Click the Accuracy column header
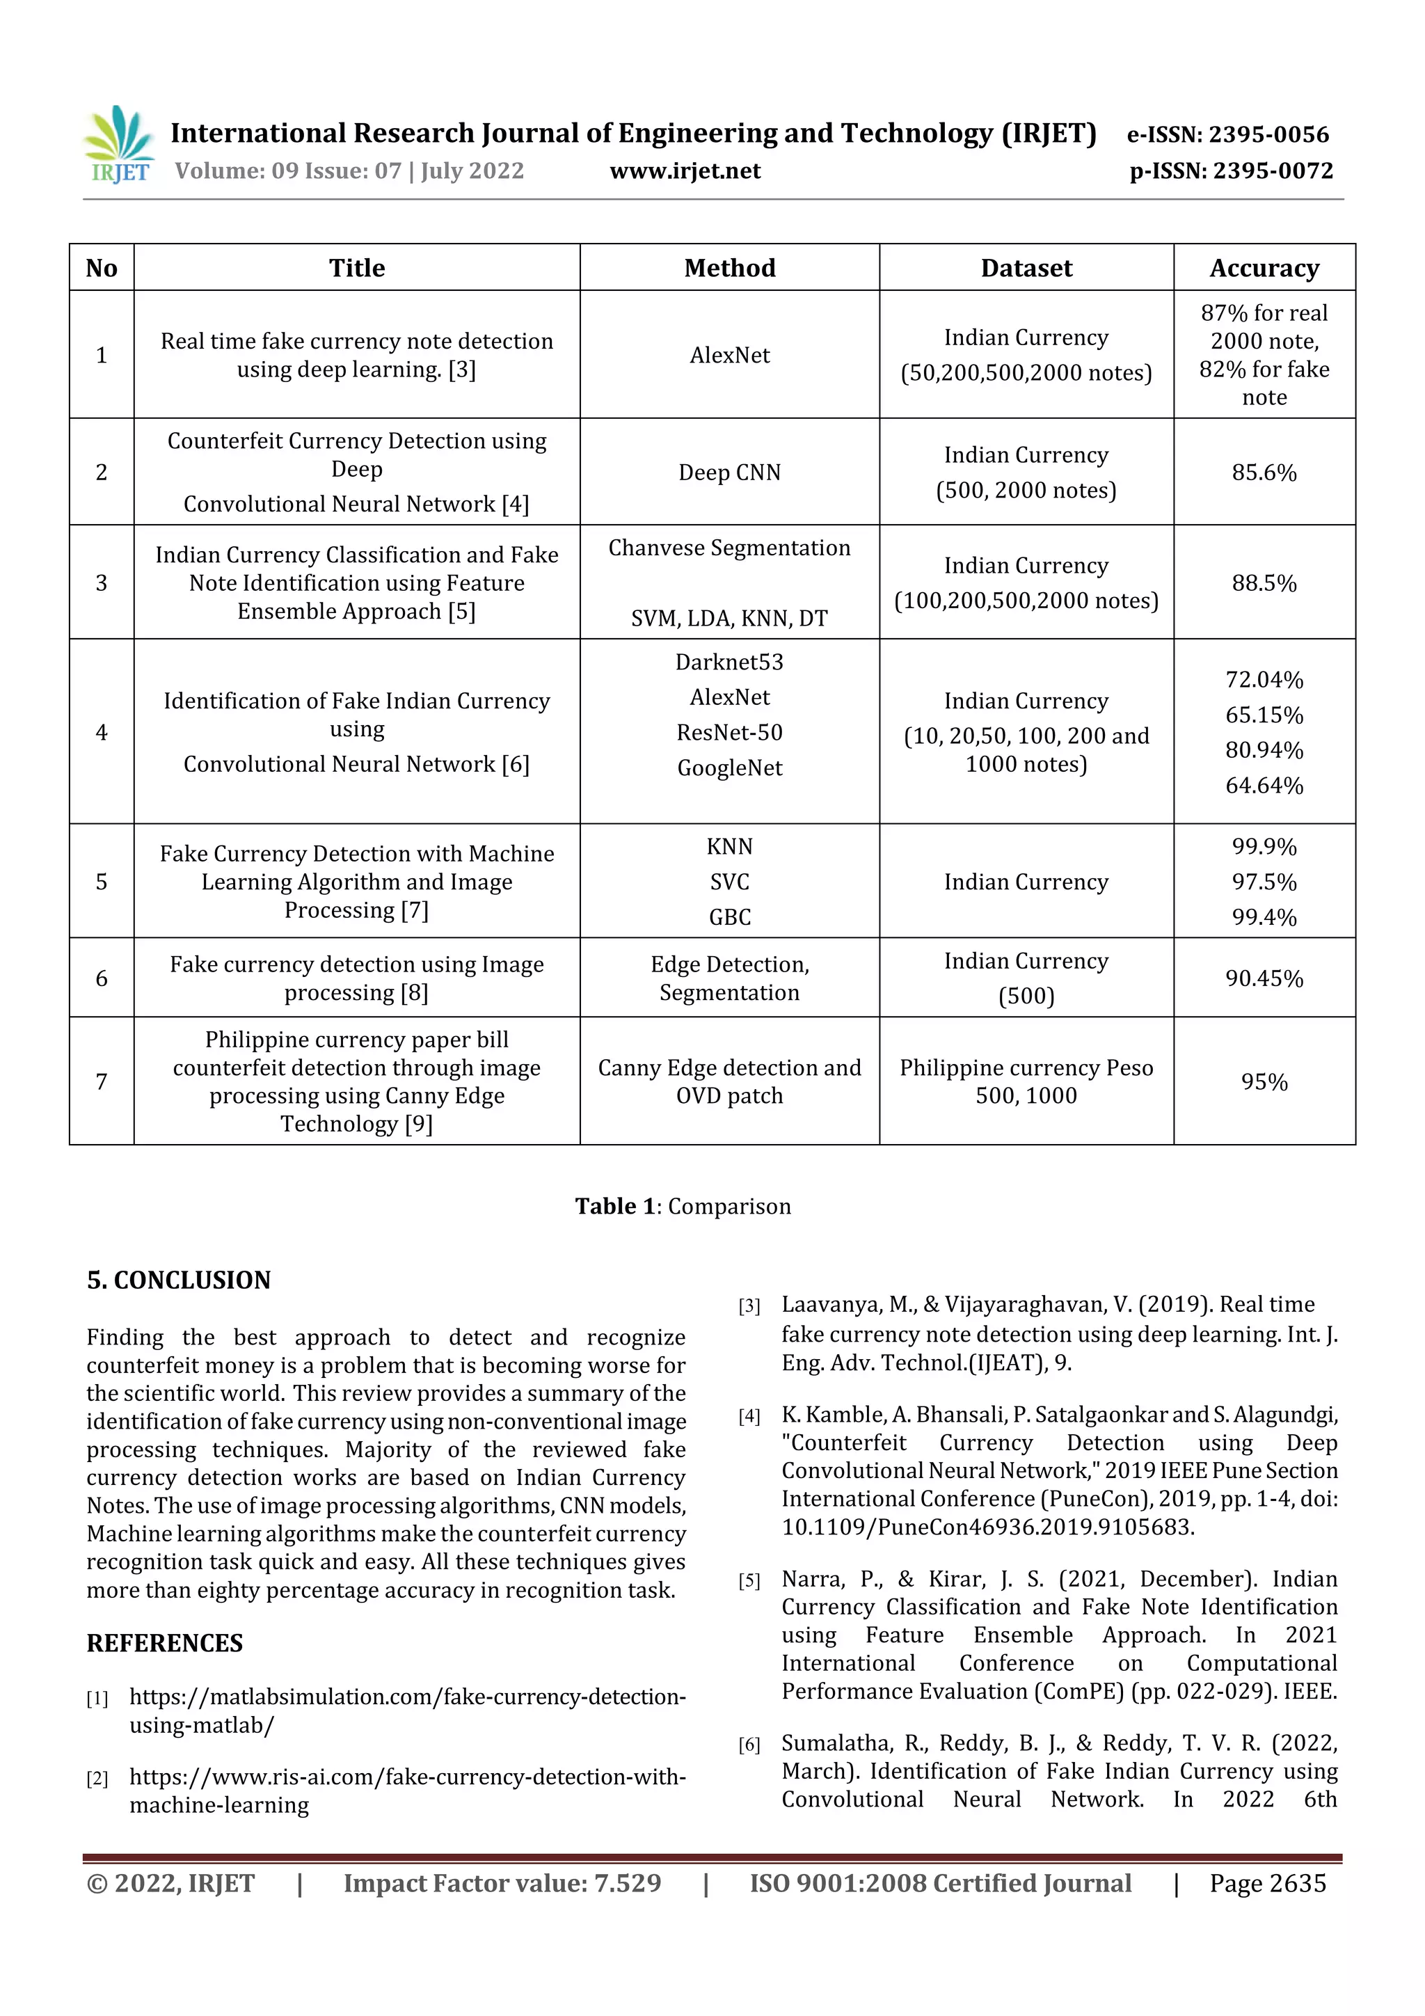[x=1264, y=268]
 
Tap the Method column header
[x=730, y=268]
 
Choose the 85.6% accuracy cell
[x=1264, y=473]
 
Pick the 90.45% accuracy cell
[x=1264, y=978]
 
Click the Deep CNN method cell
[x=730, y=473]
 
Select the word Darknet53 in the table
[x=730, y=662]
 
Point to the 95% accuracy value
[x=1264, y=1081]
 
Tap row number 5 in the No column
[x=102, y=882]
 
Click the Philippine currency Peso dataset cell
[x=1026, y=1081]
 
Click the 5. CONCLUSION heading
[x=179, y=1280]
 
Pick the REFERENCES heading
[x=164, y=1644]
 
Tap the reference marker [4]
[x=749, y=1416]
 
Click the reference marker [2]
[x=97, y=1779]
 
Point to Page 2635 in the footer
[x=1267, y=1883]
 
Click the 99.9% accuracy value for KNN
[x=1264, y=846]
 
